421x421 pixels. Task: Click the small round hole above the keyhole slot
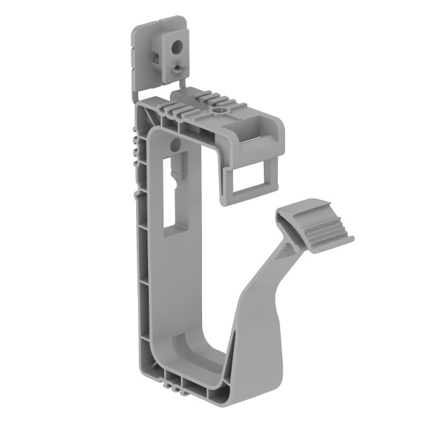pyautogui.click(x=175, y=144)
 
